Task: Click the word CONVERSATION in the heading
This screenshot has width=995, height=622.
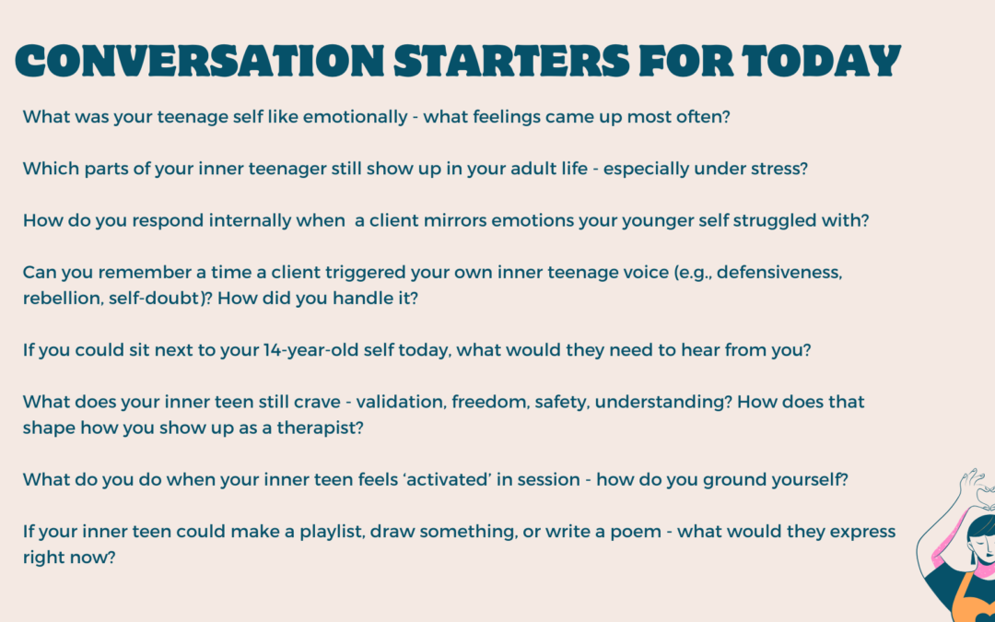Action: [x=199, y=62]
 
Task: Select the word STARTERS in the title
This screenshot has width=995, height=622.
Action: [x=511, y=62]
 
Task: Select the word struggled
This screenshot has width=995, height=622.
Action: [x=745, y=222]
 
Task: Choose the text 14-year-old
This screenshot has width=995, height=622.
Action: [x=303, y=350]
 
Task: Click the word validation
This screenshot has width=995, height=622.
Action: [x=397, y=403]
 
